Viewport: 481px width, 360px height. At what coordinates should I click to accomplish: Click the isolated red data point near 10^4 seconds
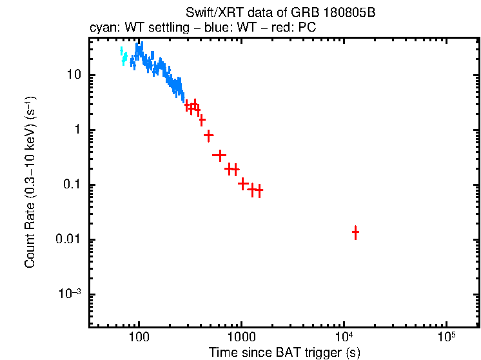click(355, 232)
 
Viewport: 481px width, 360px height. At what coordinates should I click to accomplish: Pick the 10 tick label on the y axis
click(74, 75)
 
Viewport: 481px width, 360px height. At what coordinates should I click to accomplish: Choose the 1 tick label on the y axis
click(77, 130)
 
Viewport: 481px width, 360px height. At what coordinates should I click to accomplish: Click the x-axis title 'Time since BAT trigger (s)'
click(284, 353)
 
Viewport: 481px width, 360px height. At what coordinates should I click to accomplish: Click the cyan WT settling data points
click(123, 57)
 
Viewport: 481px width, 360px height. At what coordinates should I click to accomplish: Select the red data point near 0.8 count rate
click(208, 135)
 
